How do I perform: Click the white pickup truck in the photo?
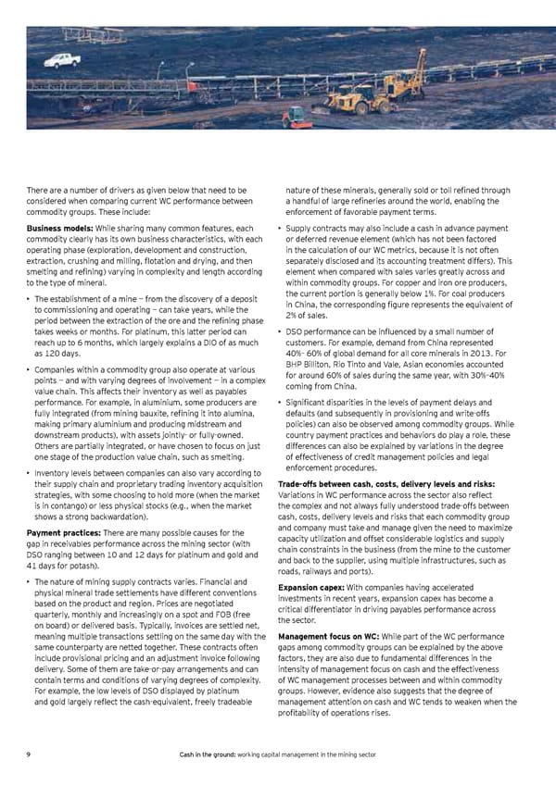coord(62,61)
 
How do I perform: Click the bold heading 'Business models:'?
coord(58,229)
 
